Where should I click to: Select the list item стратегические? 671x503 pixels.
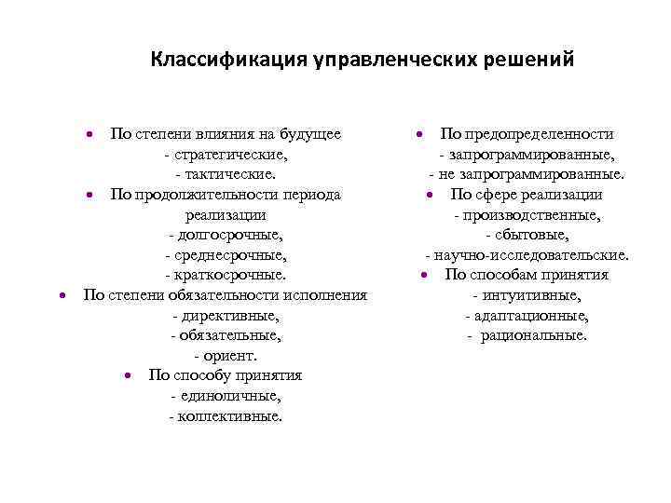pyautogui.click(x=228, y=155)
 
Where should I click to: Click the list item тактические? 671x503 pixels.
pyautogui.click(x=228, y=174)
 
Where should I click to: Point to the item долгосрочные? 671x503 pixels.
pyautogui.click(x=228, y=234)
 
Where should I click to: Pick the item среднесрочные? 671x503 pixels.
pyautogui.click(x=228, y=254)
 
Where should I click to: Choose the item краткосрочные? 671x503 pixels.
pyautogui.click(x=228, y=275)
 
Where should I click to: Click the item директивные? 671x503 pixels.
pyautogui.click(x=228, y=316)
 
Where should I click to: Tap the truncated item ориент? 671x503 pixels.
pyautogui.click(x=228, y=356)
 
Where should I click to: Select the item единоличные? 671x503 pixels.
pyautogui.click(x=228, y=396)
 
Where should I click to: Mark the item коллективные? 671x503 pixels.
pyautogui.click(x=228, y=416)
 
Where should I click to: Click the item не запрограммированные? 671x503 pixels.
pyautogui.click(x=530, y=174)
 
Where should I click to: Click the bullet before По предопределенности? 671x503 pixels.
pyautogui.click(x=421, y=135)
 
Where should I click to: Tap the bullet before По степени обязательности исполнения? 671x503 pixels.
pyautogui.click(x=62, y=295)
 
